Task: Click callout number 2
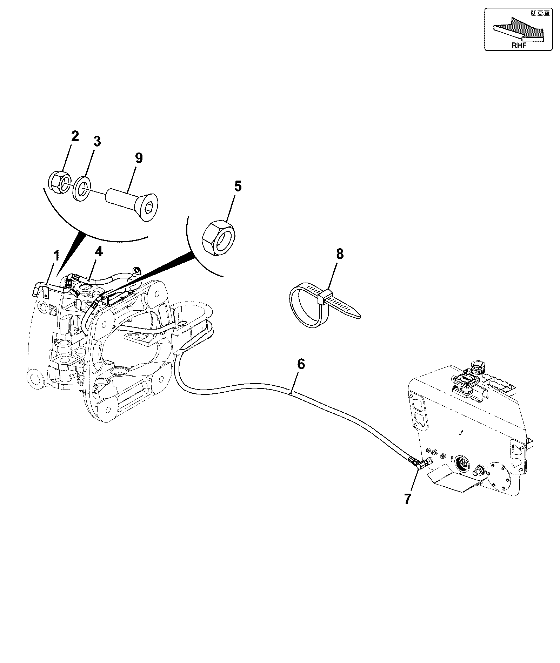point(75,137)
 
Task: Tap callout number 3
point(96,142)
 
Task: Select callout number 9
point(139,158)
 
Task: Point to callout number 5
point(238,186)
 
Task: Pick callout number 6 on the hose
point(301,364)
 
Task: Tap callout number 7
point(407,498)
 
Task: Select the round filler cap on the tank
point(477,368)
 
